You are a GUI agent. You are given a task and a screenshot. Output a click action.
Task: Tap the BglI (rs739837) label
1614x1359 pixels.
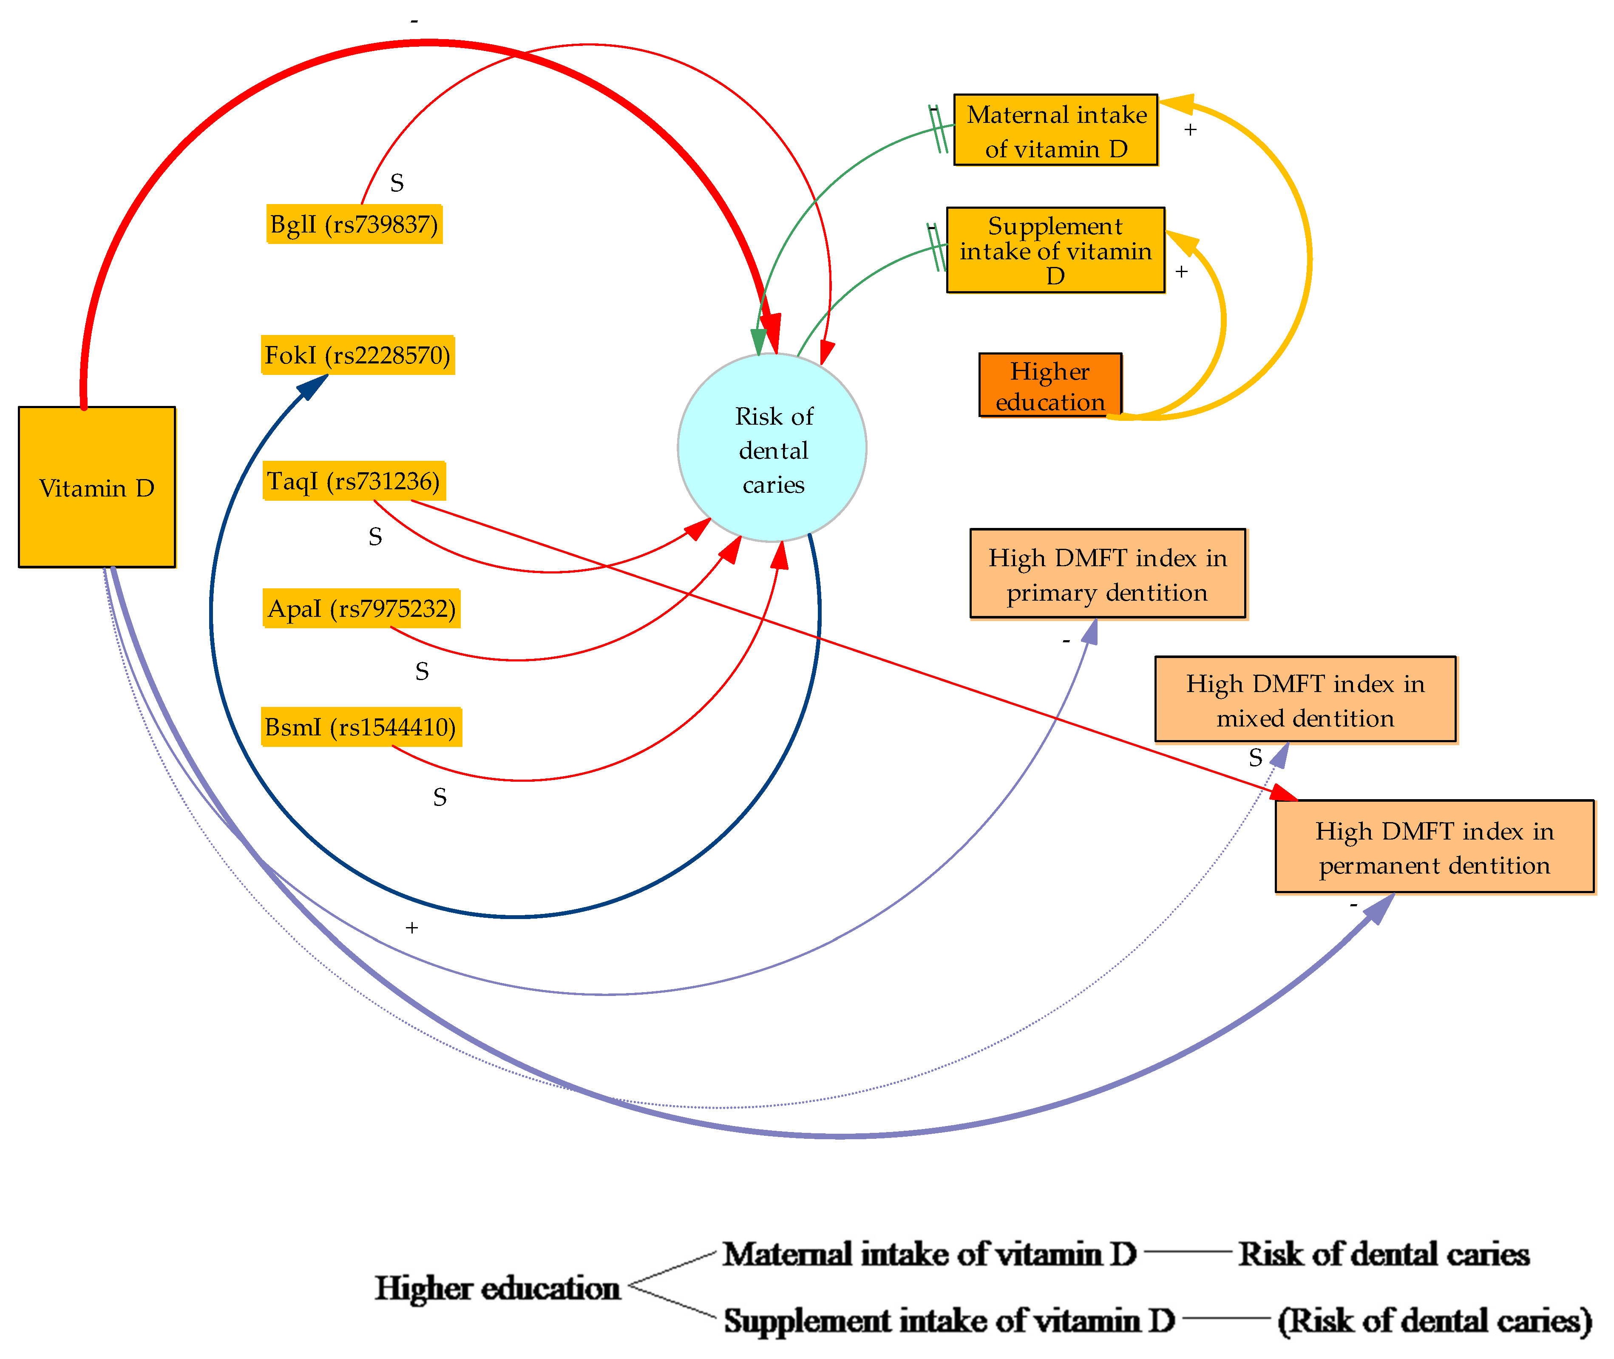(355, 224)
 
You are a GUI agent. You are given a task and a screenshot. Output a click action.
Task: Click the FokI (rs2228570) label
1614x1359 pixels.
(357, 355)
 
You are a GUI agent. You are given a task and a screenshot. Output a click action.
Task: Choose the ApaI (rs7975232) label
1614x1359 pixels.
(361, 609)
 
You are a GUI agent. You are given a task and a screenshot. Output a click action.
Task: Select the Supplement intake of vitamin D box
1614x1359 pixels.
(1055, 250)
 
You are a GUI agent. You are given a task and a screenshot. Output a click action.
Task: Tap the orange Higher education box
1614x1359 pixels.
(1050, 385)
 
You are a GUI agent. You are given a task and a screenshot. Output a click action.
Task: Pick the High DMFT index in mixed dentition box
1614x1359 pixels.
(1305, 700)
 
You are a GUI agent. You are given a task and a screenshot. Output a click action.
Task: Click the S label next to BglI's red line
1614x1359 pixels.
(397, 183)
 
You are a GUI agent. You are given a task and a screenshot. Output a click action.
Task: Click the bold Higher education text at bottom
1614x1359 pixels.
(498, 1288)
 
